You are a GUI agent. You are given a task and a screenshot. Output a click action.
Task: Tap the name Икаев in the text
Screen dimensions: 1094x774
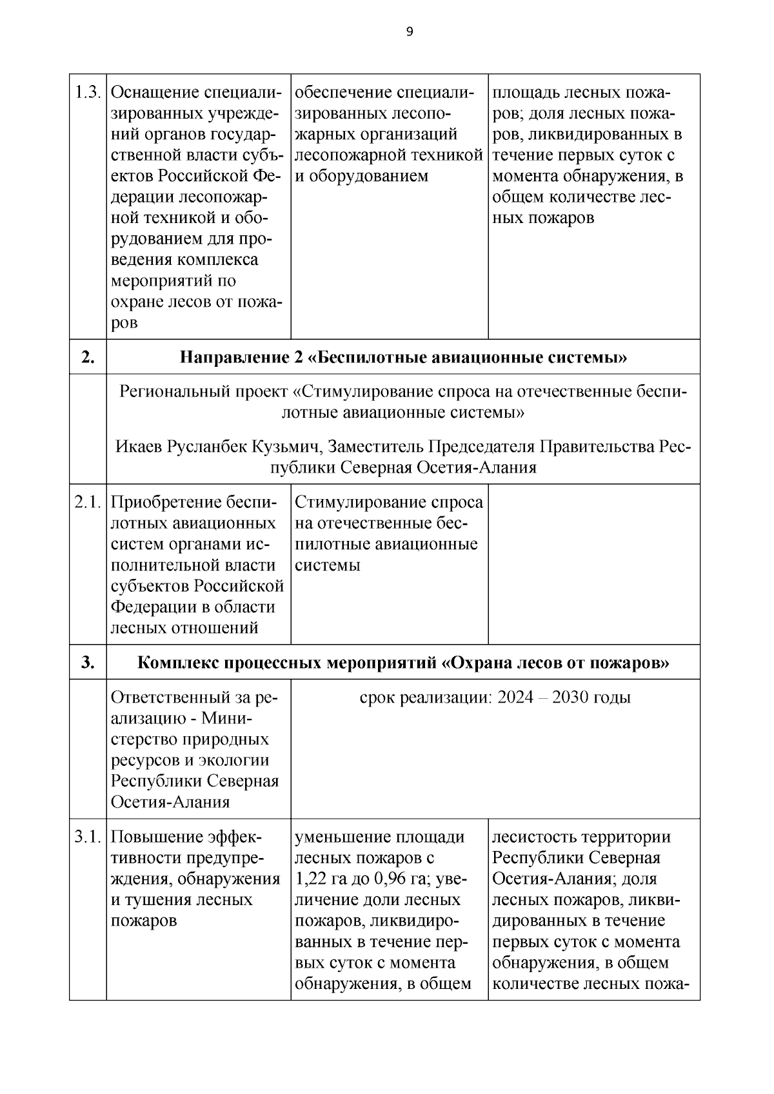point(138,446)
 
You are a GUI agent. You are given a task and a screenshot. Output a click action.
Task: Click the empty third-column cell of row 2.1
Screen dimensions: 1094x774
point(593,564)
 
